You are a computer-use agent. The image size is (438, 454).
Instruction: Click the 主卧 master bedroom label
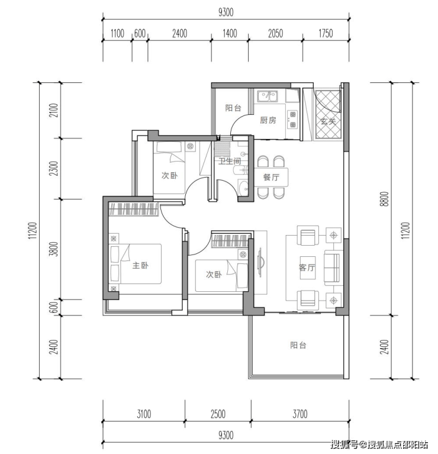[140, 265]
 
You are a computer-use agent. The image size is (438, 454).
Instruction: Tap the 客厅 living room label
[307, 267]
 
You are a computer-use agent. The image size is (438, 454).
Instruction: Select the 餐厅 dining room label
[271, 177]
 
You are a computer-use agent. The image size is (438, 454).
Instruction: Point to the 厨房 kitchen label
[268, 120]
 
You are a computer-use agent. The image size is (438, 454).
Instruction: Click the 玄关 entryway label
[328, 121]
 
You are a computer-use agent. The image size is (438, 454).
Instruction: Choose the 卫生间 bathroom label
[230, 161]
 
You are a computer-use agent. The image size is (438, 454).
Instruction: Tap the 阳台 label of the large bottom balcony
[298, 345]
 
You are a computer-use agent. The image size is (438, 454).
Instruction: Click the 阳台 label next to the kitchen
[233, 108]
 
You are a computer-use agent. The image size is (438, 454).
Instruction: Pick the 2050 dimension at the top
[275, 34]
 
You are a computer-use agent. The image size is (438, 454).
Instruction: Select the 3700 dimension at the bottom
[299, 414]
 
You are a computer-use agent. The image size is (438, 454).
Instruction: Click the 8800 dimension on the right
[385, 199]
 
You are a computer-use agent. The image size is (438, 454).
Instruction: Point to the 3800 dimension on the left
[54, 249]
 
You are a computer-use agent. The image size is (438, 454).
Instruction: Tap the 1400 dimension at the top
[230, 34]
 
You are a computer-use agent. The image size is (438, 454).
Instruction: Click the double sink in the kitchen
[268, 96]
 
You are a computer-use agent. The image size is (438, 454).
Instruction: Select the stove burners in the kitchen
[292, 120]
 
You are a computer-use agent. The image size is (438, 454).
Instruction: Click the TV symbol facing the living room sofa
[260, 262]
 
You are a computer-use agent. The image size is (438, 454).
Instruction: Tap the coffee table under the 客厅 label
[307, 268]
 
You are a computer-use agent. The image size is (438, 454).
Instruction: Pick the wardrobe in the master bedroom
[133, 209]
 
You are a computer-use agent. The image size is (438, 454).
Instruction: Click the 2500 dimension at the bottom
[218, 414]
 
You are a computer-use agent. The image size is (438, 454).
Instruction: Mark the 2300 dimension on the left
[54, 169]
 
